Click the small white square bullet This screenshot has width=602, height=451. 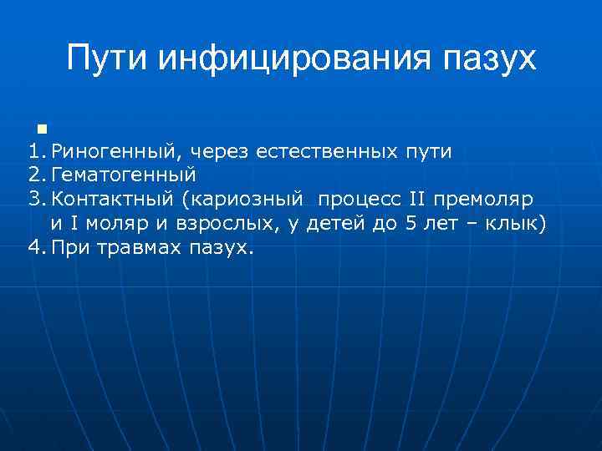tap(41, 129)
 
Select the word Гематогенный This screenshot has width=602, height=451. tap(123, 176)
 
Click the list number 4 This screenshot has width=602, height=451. tap(33, 249)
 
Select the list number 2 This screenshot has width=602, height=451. tap(33, 176)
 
